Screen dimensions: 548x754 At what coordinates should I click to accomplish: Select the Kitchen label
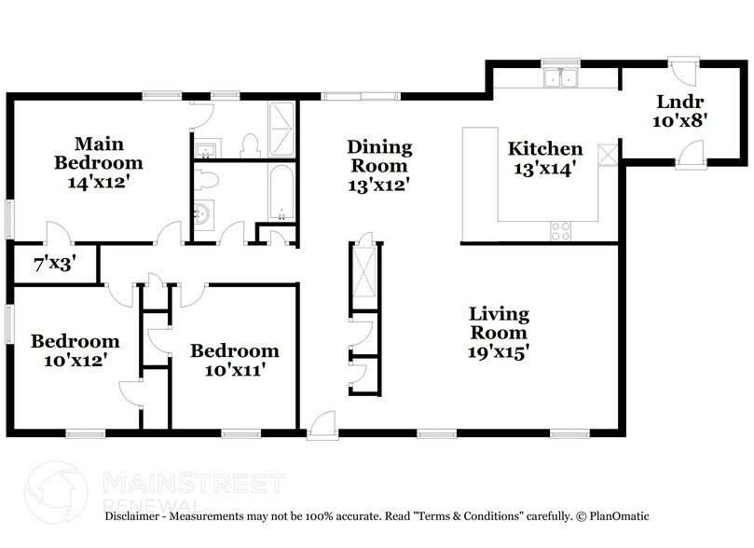pyautogui.click(x=545, y=149)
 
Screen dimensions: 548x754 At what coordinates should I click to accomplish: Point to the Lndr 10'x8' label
pyautogui.click(x=680, y=110)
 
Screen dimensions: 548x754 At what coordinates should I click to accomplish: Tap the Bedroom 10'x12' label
pyautogui.click(x=75, y=350)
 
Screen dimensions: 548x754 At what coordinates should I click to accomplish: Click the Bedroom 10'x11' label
pyautogui.click(x=234, y=360)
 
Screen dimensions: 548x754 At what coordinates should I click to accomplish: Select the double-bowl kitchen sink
pyautogui.click(x=562, y=80)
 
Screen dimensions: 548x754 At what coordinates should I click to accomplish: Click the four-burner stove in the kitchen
pyautogui.click(x=560, y=230)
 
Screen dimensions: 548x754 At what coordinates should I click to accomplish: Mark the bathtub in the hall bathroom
pyautogui.click(x=281, y=192)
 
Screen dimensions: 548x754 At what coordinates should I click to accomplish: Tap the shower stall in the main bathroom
pyautogui.click(x=281, y=130)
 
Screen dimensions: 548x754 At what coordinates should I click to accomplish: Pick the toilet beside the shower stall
pyautogui.click(x=249, y=145)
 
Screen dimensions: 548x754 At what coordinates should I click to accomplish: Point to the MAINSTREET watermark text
pyautogui.click(x=192, y=483)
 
